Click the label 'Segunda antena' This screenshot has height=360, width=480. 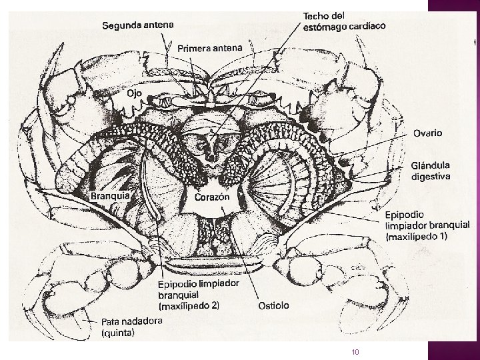(139, 25)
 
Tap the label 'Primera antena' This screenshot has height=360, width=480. (210, 47)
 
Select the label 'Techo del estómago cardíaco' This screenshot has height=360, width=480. (344, 20)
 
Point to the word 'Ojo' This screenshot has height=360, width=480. (134, 94)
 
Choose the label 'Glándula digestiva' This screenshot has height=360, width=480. (431, 171)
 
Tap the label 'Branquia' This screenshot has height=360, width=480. (111, 197)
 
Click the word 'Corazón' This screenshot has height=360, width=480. (212, 197)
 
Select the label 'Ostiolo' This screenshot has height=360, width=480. (273, 305)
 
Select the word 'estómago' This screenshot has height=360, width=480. (330, 26)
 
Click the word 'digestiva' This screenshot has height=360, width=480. (431, 177)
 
